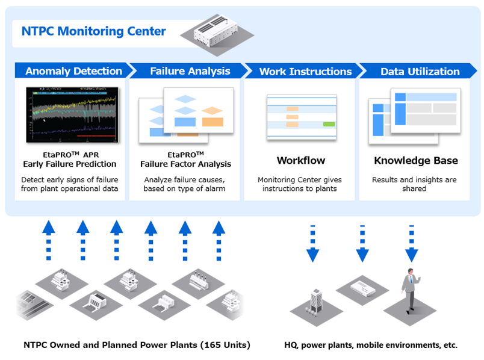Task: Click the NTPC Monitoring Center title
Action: [93, 31]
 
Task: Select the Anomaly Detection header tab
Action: [73, 71]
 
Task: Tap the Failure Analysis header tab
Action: [190, 71]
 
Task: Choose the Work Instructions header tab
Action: [305, 71]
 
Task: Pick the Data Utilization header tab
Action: [420, 71]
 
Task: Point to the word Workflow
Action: [301, 161]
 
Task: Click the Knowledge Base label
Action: [415, 161]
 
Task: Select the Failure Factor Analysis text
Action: [185, 164]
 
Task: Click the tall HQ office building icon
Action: [317, 300]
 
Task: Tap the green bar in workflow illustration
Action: [329, 123]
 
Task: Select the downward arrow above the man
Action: [411, 244]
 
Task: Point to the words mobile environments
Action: [400, 345]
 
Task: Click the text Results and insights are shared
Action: [414, 184]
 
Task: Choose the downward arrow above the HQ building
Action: [312, 244]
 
